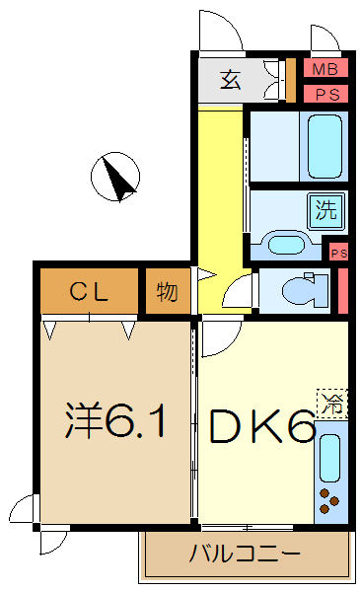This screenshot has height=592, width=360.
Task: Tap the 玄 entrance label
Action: (230, 80)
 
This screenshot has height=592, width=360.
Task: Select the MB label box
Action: (324, 70)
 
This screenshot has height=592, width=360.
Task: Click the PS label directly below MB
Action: (324, 94)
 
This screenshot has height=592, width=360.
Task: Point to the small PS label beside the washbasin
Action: (338, 253)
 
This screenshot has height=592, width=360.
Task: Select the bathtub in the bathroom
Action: (327, 145)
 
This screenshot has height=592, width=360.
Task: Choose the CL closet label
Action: (89, 291)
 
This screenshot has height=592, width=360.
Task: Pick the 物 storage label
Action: (167, 292)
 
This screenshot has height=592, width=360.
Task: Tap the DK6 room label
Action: (258, 427)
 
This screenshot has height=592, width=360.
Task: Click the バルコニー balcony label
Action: (246, 554)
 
